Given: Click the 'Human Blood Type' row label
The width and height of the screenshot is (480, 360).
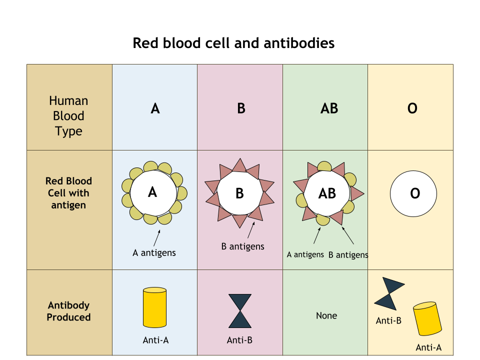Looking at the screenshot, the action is tap(68, 116).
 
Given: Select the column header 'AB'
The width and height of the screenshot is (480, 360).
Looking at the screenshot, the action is tap(329, 108).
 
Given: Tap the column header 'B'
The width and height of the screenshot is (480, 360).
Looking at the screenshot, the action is tap(241, 108).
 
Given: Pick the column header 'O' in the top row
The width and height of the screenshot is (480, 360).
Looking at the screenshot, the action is tap(412, 108).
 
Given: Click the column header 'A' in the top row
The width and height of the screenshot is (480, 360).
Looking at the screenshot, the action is tap(155, 108).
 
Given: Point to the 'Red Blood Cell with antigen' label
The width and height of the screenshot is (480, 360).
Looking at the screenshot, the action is tap(68, 193).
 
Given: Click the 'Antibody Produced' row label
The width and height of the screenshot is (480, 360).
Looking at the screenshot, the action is tap(68, 311).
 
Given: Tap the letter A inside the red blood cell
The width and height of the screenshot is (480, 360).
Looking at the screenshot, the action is tap(152, 192).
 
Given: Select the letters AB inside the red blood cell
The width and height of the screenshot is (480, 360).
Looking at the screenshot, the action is tap(327, 193).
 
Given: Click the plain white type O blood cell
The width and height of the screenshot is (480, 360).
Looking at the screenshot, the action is tap(413, 194).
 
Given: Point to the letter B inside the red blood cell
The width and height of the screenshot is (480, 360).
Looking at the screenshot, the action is tap(239, 193).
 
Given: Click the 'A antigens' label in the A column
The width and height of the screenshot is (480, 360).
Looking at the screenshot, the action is tap(154, 252).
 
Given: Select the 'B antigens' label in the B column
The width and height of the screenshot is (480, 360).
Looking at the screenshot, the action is tap(242, 246).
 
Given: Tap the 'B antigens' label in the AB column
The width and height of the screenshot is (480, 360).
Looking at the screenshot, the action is tap(348, 255).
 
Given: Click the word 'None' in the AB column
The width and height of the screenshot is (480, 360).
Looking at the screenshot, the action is tap(326, 315).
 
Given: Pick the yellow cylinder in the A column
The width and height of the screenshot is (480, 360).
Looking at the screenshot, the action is tap(154, 307).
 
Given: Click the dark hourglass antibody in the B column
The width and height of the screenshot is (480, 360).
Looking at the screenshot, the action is tap(240, 310).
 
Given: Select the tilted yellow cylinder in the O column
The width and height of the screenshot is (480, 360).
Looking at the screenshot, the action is tap(427, 318).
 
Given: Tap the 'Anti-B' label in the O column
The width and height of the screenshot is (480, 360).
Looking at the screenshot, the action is tap(388, 320).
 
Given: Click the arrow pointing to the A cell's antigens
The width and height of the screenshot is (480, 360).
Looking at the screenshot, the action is tap(156, 238).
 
